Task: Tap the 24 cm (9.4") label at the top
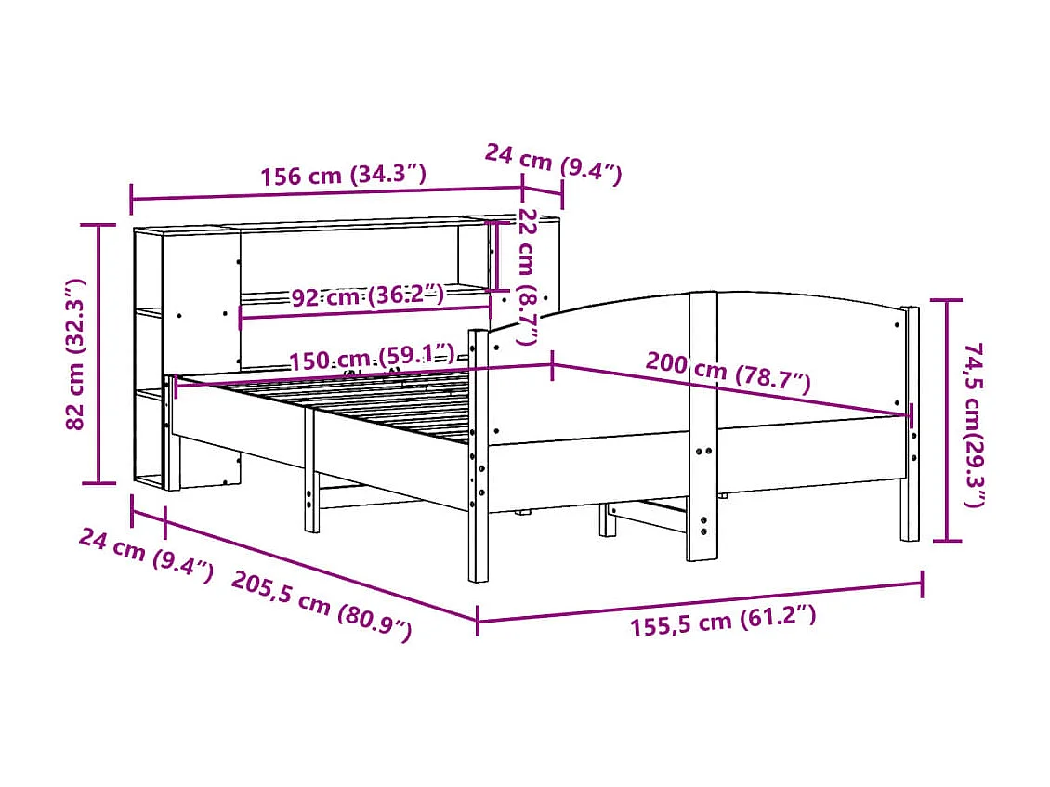click(x=553, y=163)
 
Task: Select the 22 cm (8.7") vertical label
click(x=528, y=276)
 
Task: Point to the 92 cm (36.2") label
click(x=367, y=296)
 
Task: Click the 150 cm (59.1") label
click(x=371, y=357)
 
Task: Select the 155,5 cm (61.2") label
click(x=723, y=621)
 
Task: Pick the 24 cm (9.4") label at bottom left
click(x=146, y=555)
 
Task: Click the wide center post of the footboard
click(x=702, y=426)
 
